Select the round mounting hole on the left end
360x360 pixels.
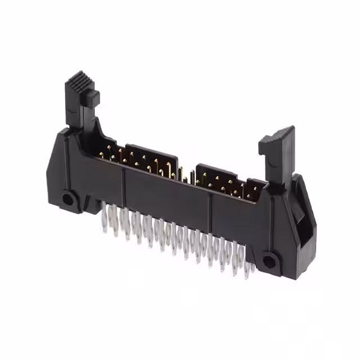tap(68, 199)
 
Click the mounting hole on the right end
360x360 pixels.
tap(269, 260)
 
